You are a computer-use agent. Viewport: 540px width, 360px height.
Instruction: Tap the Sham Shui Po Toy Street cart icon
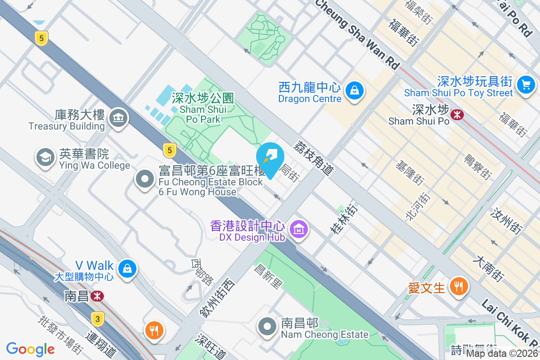pyautogui.click(x=525, y=84)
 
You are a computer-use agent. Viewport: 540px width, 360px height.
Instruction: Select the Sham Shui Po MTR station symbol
pyautogui.click(x=457, y=115)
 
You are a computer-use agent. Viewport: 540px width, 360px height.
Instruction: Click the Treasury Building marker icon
pyautogui.click(x=119, y=118)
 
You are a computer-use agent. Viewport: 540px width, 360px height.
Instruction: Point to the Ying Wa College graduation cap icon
pyautogui.click(x=45, y=157)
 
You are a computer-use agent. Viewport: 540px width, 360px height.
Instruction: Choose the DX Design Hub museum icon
pyautogui.click(x=299, y=229)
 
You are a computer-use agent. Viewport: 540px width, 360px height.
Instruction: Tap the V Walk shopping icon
pyautogui.click(x=127, y=269)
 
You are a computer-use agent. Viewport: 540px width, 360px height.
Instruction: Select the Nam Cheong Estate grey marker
pyautogui.click(x=267, y=327)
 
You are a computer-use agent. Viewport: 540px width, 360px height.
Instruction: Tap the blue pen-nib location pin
pyautogui.click(x=270, y=157)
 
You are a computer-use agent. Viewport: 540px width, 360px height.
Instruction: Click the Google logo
pyautogui.click(x=30, y=349)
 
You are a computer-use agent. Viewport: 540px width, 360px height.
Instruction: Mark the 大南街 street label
pyautogui.click(x=488, y=269)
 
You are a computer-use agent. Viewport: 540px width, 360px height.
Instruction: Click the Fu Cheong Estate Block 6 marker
pyautogui.click(x=145, y=179)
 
